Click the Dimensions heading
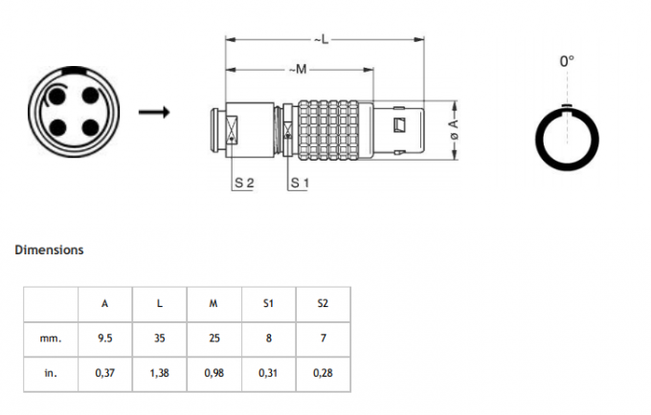tap(49, 251)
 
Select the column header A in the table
tap(104, 303)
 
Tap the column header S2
tap(322, 303)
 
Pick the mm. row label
tap(52, 338)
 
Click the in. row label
tap(52, 372)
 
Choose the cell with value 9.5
tap(104, 338)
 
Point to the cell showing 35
tap(159, 338)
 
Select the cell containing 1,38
tap(159, 372)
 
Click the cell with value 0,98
tap(213, 372)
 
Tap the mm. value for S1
tap(268, 338)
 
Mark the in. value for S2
tap(322, 372)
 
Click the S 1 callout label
tap(300, 182)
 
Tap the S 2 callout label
tap(242, 182)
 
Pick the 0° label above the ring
tap(567, 61)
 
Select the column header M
tap(213, 303)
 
